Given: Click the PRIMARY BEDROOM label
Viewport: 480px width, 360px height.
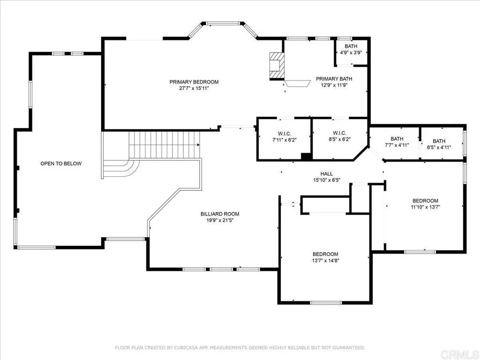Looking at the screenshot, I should pyautogui.click(x=194, y=82).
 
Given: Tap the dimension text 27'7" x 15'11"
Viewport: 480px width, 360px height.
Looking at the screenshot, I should pyautogui.click(x=194, y=88).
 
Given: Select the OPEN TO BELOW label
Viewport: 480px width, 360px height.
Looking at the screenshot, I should pyautogui.click(x=61, y=164).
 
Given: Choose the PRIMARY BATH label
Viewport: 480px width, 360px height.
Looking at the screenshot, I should pyautogui.click(x=334, y=79).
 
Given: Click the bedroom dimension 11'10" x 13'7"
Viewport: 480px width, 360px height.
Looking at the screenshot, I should pyautogui.click(x=425, y=207).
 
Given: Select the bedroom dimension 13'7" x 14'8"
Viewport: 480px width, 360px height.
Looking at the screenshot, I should pyautogui.click(x=325, y=260).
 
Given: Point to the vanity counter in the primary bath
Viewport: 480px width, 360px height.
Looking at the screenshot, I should pyautogui.click(x=297, y=83).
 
